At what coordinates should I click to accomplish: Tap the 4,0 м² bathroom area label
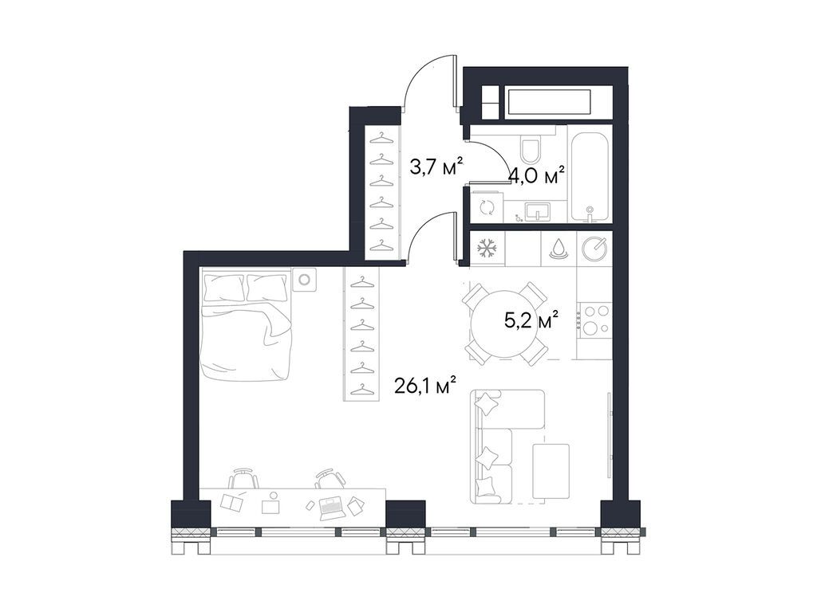(x=537, y=175)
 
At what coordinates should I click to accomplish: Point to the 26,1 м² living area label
(x=425, y=386)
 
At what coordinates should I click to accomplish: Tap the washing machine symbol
(x=486, y=207)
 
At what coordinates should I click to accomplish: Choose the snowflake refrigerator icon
(x=486, y=249)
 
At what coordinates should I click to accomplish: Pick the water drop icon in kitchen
(x=558, y=249)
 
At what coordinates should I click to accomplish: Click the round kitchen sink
(x=594, y=249)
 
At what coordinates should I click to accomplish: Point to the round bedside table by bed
(x=304, y=280)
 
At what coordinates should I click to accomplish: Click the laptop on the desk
(x=331, y=505)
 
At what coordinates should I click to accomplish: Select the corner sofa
(x=508, y=445)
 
